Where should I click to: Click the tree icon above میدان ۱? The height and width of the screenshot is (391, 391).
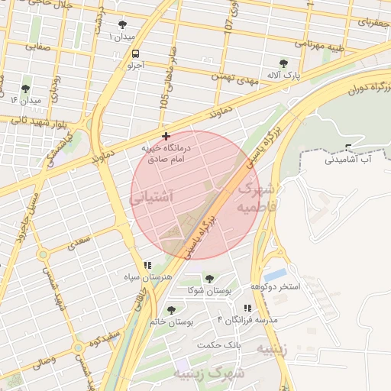[x=123, y=25]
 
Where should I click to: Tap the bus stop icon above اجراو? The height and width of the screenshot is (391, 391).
[x=135, y=54]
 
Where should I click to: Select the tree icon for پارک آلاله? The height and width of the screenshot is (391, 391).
[x=284, y=63]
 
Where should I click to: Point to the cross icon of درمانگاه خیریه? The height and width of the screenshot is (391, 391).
[x=166, y=136]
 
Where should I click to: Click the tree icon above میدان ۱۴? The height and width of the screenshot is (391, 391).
[x=26, y=89]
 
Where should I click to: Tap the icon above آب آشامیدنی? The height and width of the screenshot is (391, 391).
[x=348, y=147]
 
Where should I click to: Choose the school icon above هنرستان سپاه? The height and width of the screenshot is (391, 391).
[x=147, y=265]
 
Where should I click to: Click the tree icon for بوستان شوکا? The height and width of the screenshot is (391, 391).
[x=209, y=280]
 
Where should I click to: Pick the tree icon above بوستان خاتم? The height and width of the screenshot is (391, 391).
[x=171, y=310]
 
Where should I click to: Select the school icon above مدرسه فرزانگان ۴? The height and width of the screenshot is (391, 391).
[x=247, y=308]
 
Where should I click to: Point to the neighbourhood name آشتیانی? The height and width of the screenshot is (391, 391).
[x=153, y=197]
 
